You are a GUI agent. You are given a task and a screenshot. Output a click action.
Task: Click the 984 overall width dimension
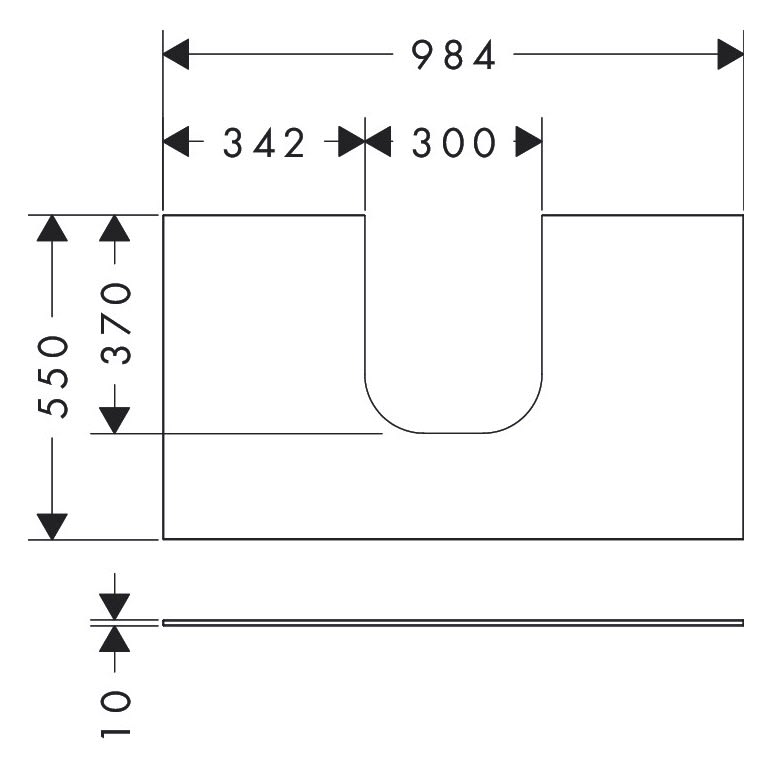coord(455,57)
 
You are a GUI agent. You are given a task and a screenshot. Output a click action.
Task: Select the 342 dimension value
coord(263,144)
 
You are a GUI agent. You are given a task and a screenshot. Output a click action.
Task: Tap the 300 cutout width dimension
coord(454,144)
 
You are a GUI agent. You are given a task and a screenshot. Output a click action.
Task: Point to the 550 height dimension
coord(53,376)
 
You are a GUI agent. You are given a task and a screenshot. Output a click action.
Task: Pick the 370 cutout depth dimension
coord(117,323)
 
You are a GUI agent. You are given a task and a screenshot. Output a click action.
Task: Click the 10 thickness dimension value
coord(116,713)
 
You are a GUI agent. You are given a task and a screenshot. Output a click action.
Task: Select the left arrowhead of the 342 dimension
coord(176,143)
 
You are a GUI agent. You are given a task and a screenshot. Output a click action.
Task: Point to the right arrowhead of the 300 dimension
coord(529,143)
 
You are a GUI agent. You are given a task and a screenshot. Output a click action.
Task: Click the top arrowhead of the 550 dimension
coord(52,228)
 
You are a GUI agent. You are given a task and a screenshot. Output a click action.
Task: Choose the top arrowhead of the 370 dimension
coord(116,228)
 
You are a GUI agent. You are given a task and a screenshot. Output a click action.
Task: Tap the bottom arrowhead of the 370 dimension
coord(116,420)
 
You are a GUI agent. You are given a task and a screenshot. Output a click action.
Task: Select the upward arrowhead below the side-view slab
coord(116,638)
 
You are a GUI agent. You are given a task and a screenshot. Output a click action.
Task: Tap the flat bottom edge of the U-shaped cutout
coord(453,433)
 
